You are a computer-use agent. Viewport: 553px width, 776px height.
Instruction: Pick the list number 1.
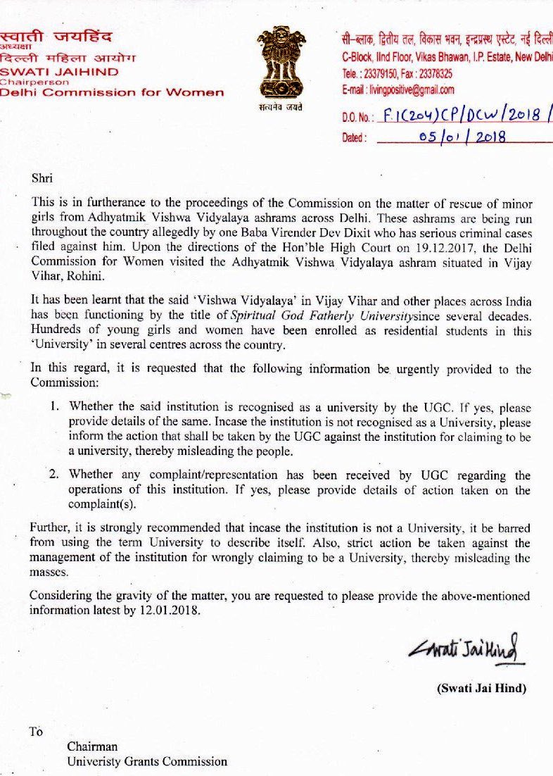[x=53, y=407]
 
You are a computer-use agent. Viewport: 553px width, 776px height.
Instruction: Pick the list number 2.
[x=53, y=475]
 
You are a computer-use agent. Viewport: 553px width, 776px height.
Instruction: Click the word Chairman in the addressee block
[x=92, y=746]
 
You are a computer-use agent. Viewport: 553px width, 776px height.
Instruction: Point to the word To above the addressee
[x=36, y=731]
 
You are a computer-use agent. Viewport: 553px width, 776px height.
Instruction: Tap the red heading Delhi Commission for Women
[x=113, y=92]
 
